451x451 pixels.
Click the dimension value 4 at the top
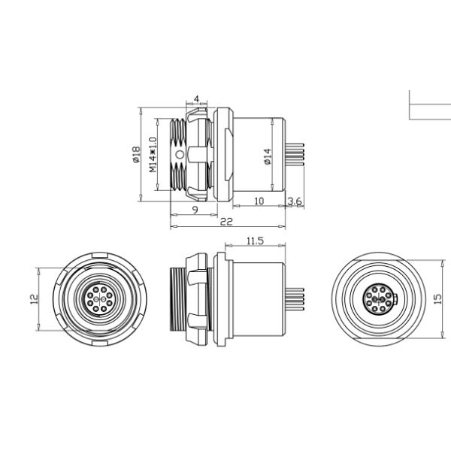click(196, 99)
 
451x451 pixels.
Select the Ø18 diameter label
click(136, 154)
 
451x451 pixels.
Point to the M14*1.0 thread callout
click(153, 154)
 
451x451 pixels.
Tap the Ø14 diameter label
click(268, 156)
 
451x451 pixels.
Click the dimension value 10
click(259, 201)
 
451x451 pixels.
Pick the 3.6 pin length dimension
click(295, 201)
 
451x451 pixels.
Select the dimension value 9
click(195, 210)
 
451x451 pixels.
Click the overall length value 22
click(226, 222)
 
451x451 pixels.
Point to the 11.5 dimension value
click(255, 241)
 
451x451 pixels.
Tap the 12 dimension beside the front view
click(34, 299)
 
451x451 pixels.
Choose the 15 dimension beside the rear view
click(437, 299)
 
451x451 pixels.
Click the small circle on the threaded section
click(180, 155)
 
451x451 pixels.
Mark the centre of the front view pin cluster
click(99, 299)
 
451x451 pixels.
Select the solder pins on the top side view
click(295, 155)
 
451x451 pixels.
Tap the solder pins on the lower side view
click(295, 299)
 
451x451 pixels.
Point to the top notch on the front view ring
click(100, 255)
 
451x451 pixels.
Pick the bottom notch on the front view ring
click(100, 344)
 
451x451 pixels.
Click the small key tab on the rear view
click(396, 299)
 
